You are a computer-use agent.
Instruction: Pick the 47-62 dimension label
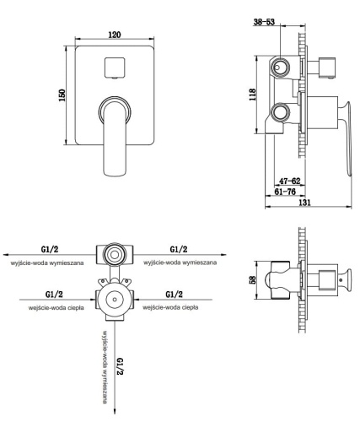point(288,181)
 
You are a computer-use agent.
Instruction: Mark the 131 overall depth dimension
point(309,203)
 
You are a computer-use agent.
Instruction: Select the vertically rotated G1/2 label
point(120,368)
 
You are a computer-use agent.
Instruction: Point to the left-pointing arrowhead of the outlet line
point(5,252)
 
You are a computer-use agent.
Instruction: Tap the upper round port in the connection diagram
point(112,252)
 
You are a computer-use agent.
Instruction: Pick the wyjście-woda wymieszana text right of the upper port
point(180,262)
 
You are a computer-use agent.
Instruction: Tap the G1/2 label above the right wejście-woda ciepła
point(175,295)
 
